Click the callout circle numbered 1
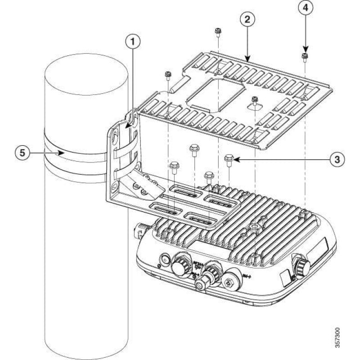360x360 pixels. click(132, 42)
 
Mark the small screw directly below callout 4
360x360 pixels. click(305, 56)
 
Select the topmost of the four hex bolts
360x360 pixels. click(194, 148)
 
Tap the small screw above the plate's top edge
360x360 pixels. click(217, 31)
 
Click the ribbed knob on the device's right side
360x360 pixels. click(301, 266)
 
